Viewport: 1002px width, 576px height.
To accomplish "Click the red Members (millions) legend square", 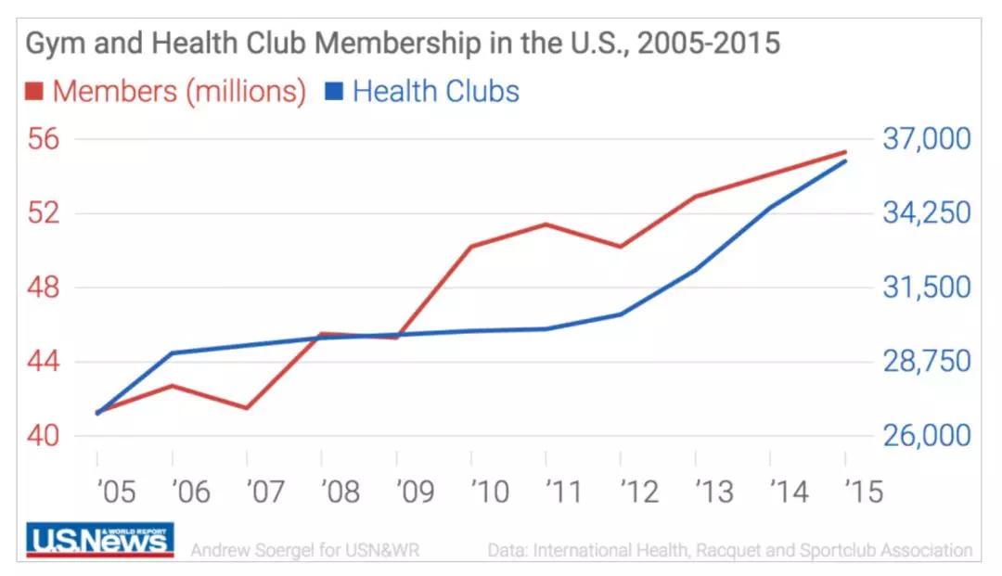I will [34, 92].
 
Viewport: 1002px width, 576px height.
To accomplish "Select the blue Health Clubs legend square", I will [334, 92].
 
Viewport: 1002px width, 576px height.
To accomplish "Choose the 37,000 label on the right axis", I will [927, 139].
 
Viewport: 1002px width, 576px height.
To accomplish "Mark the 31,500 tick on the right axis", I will [927, 288].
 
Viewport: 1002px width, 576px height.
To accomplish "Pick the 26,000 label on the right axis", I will [927, 436].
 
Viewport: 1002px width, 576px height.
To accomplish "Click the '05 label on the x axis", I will [115, 491].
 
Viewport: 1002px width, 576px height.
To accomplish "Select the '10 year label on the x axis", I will [489, 491].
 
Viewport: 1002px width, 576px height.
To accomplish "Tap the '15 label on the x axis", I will [863, 491].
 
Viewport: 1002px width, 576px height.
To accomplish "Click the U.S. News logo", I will [100, 540].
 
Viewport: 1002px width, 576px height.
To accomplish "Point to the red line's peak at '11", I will [546, 224].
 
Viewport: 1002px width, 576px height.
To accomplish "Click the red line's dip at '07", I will [247, 408].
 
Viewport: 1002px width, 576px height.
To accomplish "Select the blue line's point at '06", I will [173, 352].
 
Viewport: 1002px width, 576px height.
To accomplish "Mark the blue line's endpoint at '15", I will [845, 161].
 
